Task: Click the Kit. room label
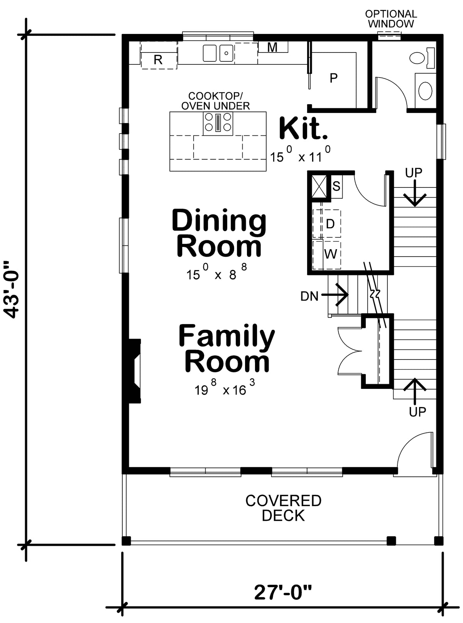[303, 129]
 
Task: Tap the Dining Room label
[219, 233]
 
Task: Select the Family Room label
[226, 348]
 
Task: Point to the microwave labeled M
[272, 47]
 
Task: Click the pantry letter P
[334, 78]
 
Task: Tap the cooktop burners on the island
[218, 122]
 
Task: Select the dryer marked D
[330, 223]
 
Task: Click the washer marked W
[331, 254]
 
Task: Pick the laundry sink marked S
[336, 186]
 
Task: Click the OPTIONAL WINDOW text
[391, 19]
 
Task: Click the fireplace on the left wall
[134, 371]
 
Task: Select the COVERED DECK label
[283, 508]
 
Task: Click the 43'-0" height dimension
[13, 290]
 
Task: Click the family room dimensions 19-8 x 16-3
[225, 389]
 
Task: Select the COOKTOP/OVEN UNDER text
[215, 101]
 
